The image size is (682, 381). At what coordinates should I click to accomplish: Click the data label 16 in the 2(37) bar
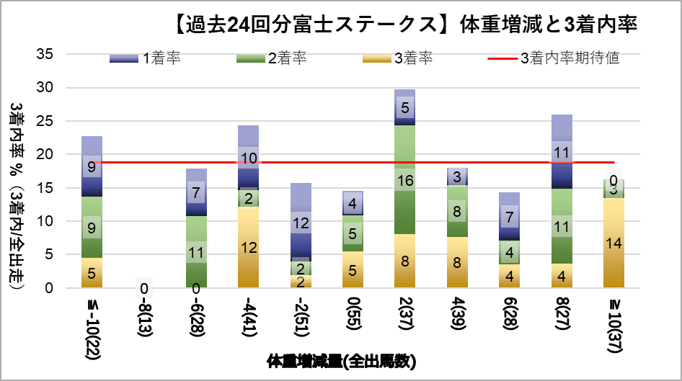coord(405,181)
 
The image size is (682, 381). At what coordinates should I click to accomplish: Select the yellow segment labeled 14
coord(614,243)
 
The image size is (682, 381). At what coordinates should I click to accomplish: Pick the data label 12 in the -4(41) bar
coord(249,247)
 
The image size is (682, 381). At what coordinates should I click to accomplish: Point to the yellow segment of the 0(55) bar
coord(353,269)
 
